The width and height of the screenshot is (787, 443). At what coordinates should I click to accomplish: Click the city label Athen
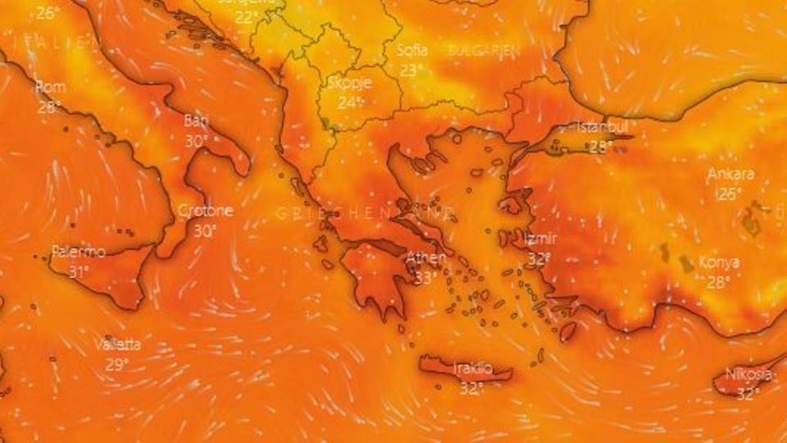426,258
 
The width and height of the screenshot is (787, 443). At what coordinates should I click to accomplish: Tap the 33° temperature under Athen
425,279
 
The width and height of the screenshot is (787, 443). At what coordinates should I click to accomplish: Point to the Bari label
195,121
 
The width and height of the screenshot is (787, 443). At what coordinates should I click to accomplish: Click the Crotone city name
205,211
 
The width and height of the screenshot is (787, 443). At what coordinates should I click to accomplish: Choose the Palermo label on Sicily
78,252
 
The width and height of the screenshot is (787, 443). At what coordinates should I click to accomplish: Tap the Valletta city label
117,345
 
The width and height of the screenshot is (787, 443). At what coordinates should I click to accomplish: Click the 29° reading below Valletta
116,365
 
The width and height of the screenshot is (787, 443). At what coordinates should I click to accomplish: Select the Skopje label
350,83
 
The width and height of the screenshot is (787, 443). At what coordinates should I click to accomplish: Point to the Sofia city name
412,49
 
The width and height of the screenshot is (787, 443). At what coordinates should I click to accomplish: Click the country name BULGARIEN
484,50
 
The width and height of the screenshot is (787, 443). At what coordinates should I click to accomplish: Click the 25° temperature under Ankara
728,194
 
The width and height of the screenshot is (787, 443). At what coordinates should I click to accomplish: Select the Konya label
719,263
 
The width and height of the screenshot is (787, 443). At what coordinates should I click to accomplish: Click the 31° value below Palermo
78,272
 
